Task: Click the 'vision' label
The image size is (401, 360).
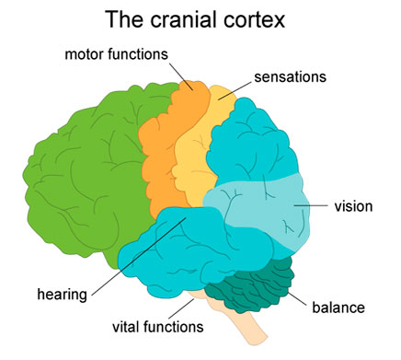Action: coord(355,205)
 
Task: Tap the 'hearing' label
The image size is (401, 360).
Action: coord(63,295)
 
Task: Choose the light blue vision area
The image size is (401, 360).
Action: coord(267,212)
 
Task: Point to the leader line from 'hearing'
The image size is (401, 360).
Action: coord(138,262)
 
